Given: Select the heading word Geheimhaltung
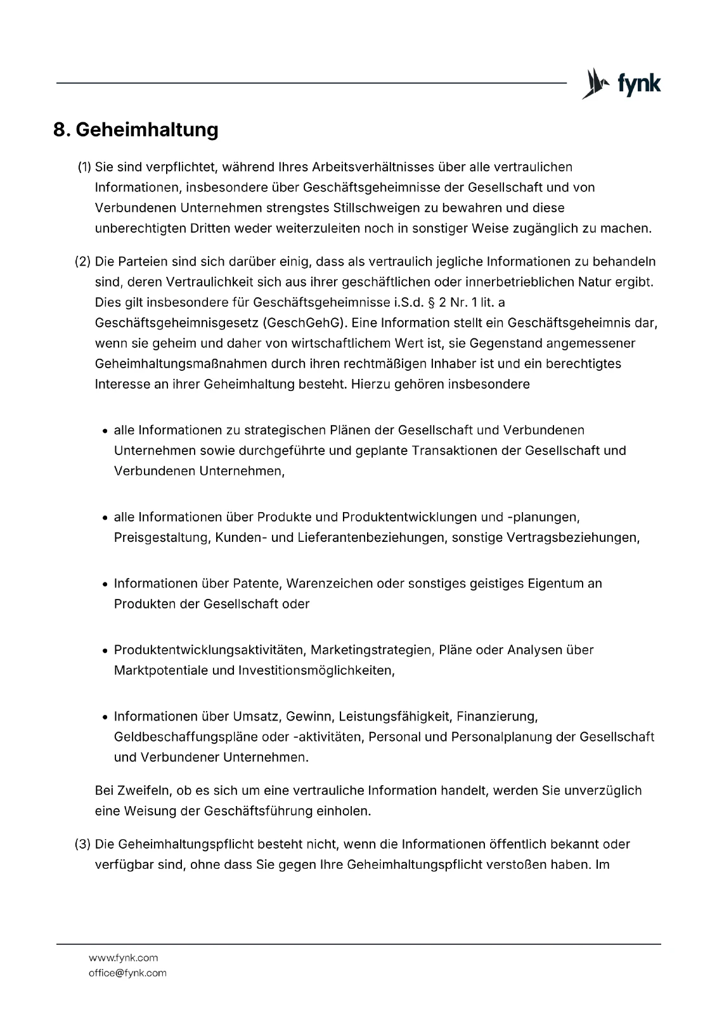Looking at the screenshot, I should click(x=147, y=130).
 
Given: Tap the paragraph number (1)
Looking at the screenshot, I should click(x=84, y=167).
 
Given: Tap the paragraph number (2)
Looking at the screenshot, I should click(x=83, y=262).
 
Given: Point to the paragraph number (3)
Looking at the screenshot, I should click(x=83, y=844).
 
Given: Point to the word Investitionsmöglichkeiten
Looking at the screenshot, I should click(x=316, y=671).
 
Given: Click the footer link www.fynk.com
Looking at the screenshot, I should click(x=123, y=958).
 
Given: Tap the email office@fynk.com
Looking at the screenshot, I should click(x=127, y=973).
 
